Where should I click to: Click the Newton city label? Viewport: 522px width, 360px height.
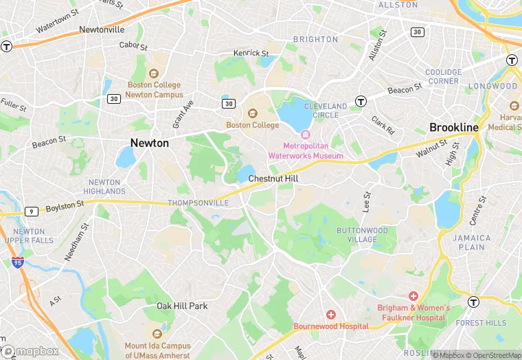click(x=149, y=143)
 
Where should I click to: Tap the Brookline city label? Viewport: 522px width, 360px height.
click(x=453, y=127)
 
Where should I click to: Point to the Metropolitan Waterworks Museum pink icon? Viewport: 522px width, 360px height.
click(x=305, y=134)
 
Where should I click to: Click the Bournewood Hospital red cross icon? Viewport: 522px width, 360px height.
click(x=331, y=314)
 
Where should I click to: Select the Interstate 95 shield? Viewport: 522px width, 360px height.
click(x=17, y=262)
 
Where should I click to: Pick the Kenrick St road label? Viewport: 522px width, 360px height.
click(x=251, y=53)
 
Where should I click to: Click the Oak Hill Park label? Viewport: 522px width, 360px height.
click(x=182, y=306)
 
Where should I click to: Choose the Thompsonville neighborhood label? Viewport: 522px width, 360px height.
click(x=198, y=203)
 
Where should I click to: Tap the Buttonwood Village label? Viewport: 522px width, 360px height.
click(x=362, y=235)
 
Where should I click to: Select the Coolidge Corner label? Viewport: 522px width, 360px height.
click(x=442, y=76)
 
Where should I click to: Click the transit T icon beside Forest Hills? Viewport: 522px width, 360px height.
click(x=473, y=302)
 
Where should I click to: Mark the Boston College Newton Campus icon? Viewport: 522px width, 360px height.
click(x=154, y=74)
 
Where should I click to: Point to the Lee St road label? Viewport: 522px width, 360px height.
click(x=367, y=201)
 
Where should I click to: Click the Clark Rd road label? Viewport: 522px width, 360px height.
click(x=383, y=126)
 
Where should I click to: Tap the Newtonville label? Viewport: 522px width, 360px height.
click(x=102, y=30)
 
